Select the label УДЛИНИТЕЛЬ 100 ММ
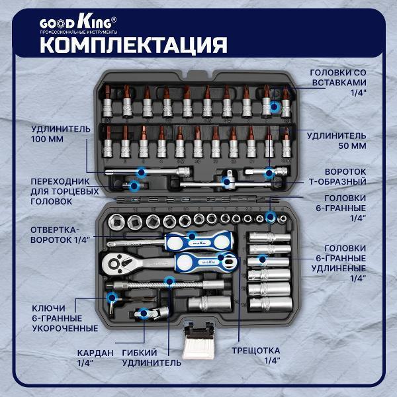(59, 134)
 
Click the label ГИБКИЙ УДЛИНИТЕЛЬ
(152, 357)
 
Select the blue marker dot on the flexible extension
(169, 282)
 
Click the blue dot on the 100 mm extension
(140, 172)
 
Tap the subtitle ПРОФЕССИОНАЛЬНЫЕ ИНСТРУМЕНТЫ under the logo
(79, 31)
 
